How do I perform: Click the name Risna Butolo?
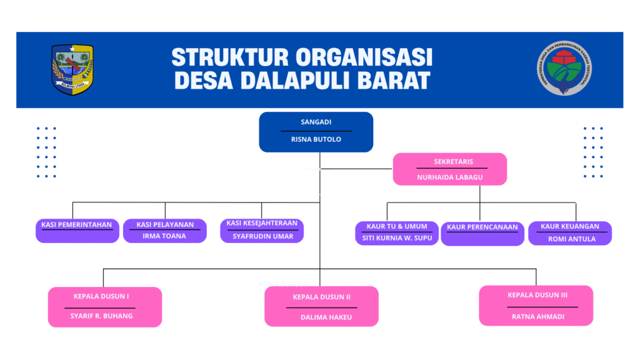(316, 139)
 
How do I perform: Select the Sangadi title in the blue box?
(316, 122)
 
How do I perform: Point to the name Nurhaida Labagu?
(450, 177)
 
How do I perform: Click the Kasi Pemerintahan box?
(77, 230)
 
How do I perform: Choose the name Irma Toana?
(164, 236)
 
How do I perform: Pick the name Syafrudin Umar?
(262, 236)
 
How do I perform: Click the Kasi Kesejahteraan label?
(262, 223)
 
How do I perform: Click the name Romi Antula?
(571, 239)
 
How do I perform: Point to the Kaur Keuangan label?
(570, 226)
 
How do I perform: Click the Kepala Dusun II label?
(321, 297)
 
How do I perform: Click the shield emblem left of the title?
(72, 69)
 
